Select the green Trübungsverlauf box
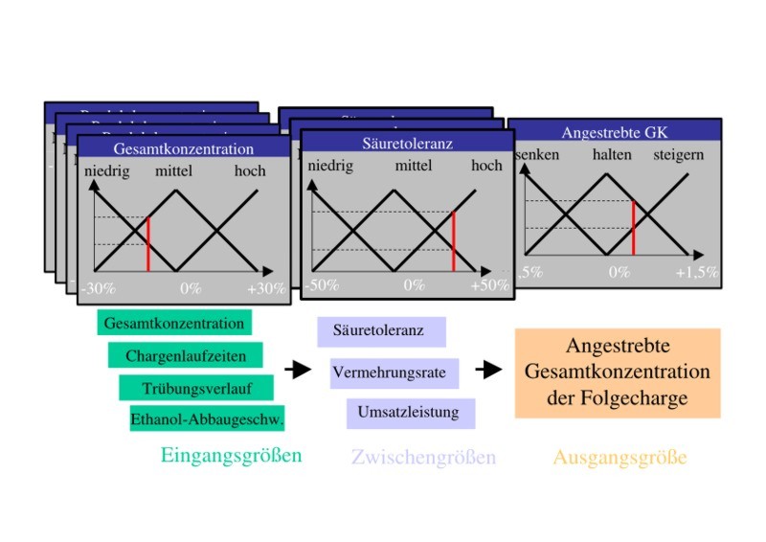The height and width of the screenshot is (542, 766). click(x=197, y=387)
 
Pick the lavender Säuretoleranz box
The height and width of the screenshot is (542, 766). click(x=381, y=331)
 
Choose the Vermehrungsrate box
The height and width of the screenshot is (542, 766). click(x=394, y=372)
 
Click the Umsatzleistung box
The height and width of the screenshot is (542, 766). click(x=408, y=413)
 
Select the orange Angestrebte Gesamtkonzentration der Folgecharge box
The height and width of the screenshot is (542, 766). click(x=618, y=373)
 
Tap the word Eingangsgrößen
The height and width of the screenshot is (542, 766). click(x=231, y=456)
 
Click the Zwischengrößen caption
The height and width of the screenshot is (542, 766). click(x=423, y=458)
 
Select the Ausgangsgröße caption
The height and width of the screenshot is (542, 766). click(x=620, y=458)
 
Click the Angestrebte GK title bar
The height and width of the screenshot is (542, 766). click(x=615, y=133)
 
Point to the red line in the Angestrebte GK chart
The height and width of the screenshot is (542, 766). click(x=633, y=226)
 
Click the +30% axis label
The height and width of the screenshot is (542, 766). click(x=266, y=287)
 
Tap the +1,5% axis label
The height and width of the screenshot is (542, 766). click(x=696, y=272)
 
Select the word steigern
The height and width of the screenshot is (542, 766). click(x=678, y=155)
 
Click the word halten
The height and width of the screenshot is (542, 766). click(x=612, y=155)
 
